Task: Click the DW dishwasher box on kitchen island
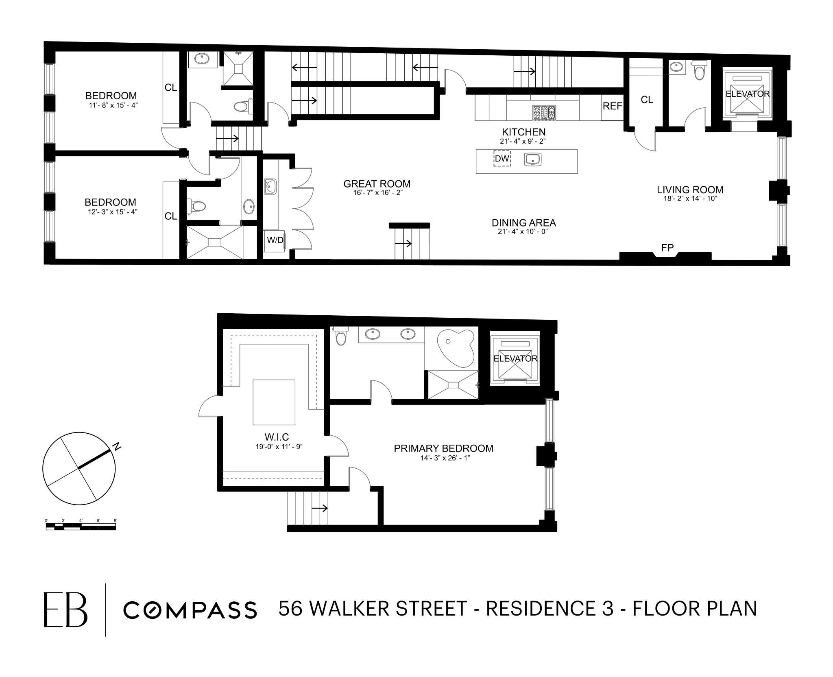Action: [x=502, y=159]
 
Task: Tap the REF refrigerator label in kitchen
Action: [x=612, y=106]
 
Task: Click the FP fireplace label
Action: [x=667, y=247]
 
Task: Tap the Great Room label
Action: [x=377, y=184]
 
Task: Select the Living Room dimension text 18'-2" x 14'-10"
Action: [x=690, y=199]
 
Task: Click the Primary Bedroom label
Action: [x=443, y=448]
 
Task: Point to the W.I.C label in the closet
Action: [x=277, y=437]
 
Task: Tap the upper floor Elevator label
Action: [x=515, y=358]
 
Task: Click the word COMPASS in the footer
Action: [x=190, y=610]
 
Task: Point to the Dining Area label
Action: [x=523, y=223]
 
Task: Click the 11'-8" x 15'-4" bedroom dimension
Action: [x=111, y=105]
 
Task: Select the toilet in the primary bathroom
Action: [x=340, y=336]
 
